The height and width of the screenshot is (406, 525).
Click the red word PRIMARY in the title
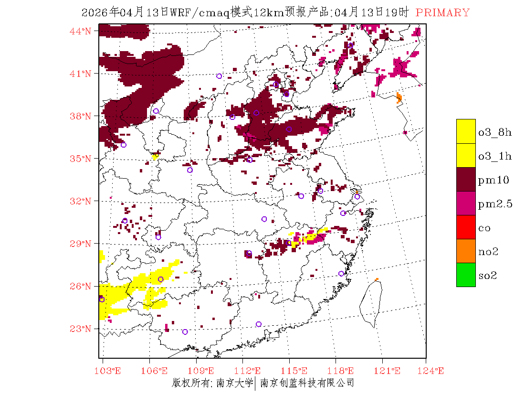pos(442,13)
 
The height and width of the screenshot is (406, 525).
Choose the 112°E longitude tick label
pos(250,371)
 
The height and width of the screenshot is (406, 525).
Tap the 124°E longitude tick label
pos(433,371)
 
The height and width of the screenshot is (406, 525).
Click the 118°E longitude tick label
pos(342,371)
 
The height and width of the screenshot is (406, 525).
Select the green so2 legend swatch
pos(466,275)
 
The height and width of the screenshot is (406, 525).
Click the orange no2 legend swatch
pos(466,251)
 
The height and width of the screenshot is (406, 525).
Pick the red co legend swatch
pos(466,227)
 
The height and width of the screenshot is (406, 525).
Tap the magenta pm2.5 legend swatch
pos(466,203)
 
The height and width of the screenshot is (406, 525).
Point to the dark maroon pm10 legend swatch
pos(466,180)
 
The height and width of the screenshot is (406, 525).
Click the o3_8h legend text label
pos(495,132)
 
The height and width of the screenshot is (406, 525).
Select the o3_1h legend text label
pos(495,156)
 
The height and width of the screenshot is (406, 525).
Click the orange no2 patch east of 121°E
pos(399,98)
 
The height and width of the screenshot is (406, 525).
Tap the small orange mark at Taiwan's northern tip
pos(377,279)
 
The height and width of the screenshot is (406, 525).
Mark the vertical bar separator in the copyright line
pos(255,383)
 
